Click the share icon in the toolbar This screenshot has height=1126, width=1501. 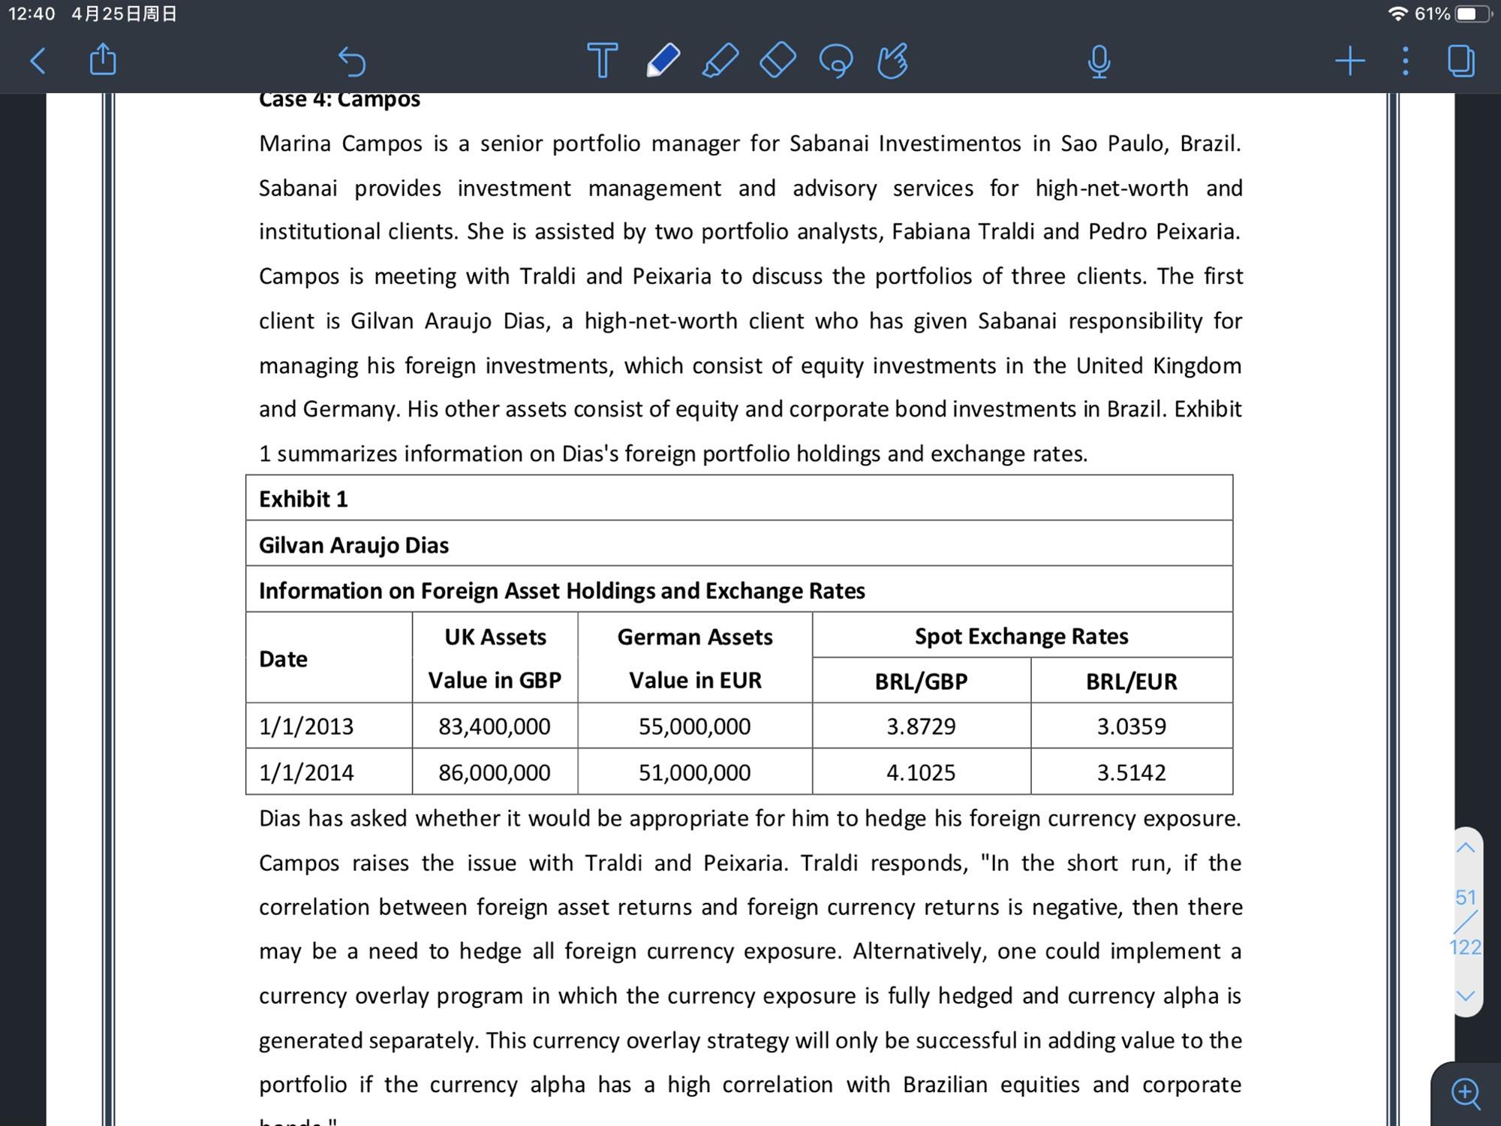tap(103, 59)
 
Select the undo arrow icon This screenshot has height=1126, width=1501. tap(351, 61)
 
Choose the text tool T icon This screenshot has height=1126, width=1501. tap(602, 61)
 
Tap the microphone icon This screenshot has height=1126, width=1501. tap(1099, 62)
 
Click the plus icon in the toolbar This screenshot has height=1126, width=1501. tap(1349, 61)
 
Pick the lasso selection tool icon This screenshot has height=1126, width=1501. tap(835, 61)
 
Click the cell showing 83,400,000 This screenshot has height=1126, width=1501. tap(495, 726)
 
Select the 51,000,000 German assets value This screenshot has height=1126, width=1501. tap(694, 772)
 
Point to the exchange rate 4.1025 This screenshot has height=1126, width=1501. tap(921, 772)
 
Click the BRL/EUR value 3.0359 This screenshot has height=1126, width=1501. tap(1131, 726)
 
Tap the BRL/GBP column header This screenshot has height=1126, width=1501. tap(921, 681)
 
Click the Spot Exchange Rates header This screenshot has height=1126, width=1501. tap(1021, 636)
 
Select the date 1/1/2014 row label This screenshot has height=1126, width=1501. tap(306, 772)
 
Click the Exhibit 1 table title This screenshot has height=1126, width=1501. tap(303, 498)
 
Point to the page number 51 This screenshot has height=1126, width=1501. tap(1466, 897)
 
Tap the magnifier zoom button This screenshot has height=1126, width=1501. tap(1466, 1093)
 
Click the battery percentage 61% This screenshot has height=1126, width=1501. tap(1432, 14)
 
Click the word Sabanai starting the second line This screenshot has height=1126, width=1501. tap(298, 188)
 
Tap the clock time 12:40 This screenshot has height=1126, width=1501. tap(32, 14)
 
